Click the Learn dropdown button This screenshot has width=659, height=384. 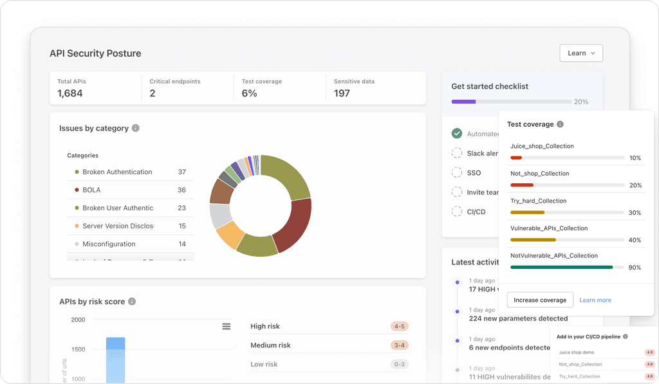(581, 53)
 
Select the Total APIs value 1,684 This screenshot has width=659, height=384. (70, 93)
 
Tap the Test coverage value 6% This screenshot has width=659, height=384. (249, 93)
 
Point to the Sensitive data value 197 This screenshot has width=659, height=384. (342, 93)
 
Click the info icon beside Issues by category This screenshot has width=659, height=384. (136, 128)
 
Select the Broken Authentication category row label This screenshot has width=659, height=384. (117, 172)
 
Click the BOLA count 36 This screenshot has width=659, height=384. (181, 190)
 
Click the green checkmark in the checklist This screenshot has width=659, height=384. (457, 133)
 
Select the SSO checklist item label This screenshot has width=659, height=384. (474, 173)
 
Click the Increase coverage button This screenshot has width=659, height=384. (540, 300)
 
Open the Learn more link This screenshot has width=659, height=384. (595, 300)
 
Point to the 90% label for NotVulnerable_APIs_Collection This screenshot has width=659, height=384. (635, 267)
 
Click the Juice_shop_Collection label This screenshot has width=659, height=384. (542, 146)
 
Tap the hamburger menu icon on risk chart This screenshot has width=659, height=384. (227, 327)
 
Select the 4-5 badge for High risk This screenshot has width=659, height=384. (399, 326)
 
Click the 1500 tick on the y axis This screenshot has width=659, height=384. (77, 349)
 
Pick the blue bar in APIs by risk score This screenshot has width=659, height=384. (116, 360)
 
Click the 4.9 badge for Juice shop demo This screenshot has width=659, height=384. (650, 352)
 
